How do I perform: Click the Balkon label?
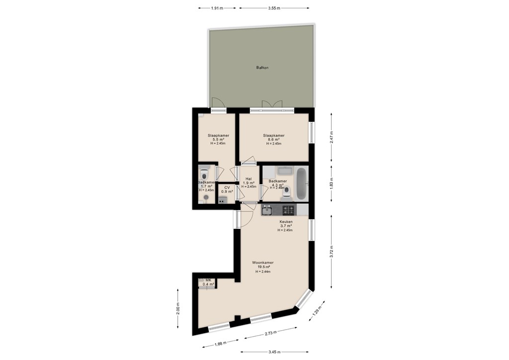point(262,68)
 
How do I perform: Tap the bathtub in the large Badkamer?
point(301,183)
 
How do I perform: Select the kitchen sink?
point(266,210)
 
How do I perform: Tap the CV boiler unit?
point(222,200)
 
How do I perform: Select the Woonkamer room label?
point(262,263)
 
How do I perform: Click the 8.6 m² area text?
point(273,140)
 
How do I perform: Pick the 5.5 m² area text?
point(217,140)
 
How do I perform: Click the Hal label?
point(249,179)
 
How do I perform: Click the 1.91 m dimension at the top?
point(217,8)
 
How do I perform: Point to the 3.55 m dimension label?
point(274,8)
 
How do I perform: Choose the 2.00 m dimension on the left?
point(178,308)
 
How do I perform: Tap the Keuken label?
point(286,222)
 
